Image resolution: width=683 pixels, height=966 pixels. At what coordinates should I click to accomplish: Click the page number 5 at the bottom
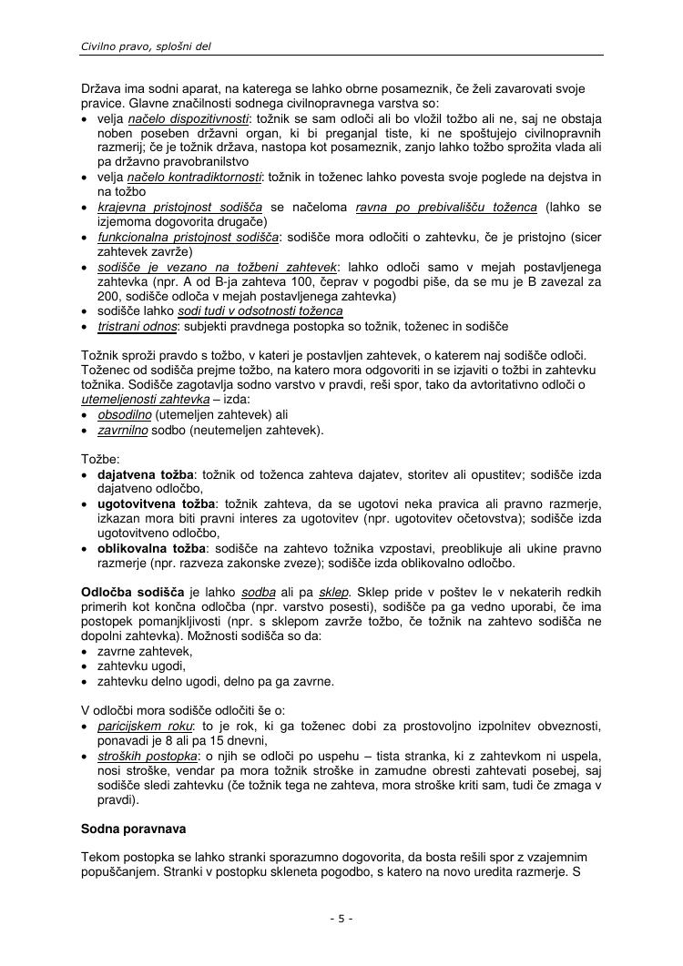(x=341, y=919)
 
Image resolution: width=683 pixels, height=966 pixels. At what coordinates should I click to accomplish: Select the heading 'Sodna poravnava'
(x=132, y=829)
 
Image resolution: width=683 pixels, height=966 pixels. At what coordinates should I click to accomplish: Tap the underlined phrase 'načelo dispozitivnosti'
(x=189, y=119)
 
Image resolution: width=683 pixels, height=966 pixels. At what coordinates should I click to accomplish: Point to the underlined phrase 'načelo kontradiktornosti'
(x=195, y=176)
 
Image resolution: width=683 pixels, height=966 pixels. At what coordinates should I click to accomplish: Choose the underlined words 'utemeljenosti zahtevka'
(x=146, y=400)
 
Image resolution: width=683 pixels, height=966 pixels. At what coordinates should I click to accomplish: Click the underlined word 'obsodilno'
(x=125, y=414)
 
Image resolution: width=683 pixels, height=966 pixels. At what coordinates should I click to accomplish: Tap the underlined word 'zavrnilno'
(x=123, y=430)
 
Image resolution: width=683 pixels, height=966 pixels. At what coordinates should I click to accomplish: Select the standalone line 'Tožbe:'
(x=100, y=460)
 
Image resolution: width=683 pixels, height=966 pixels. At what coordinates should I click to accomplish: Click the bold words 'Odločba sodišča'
(x=133, y=593)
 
